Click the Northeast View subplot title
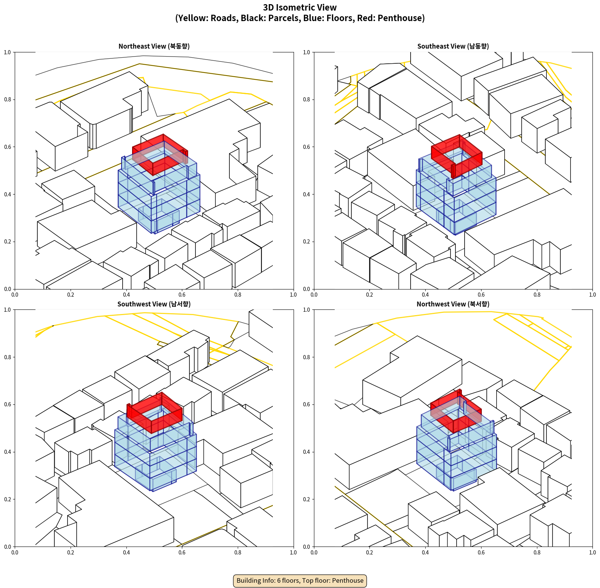154,46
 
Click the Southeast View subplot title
453,46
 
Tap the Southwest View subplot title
154,304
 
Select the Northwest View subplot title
453,304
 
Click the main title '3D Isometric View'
300,8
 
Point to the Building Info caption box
300,580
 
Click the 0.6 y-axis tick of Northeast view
8,147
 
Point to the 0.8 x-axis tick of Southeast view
537,295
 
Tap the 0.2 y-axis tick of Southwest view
8,499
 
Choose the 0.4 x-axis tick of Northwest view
425,553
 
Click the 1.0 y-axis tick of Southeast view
306,52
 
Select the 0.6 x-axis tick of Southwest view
182,553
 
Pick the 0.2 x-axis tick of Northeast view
71,295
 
